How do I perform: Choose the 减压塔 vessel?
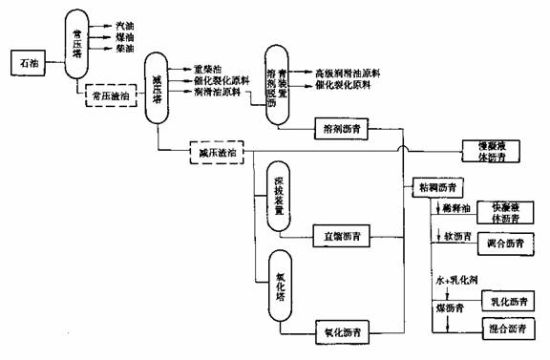point(155,89)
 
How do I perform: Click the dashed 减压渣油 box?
point(217,152)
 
